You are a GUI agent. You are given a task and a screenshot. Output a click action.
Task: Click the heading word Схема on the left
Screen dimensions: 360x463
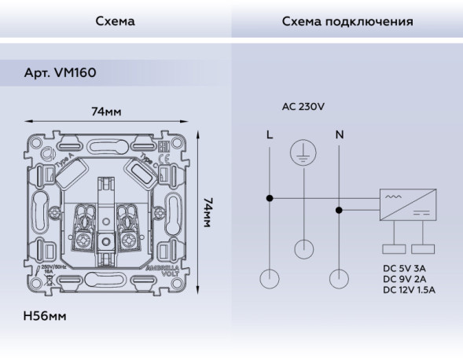point(115,20)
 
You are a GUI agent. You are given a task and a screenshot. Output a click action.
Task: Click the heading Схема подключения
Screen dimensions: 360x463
point(347,20)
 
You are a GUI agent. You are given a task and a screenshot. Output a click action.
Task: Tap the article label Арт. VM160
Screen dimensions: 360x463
point(61,72)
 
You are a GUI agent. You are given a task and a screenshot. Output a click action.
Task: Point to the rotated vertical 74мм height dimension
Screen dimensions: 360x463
point(209,212)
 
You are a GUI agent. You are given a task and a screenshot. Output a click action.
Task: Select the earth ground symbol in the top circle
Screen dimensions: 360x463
point(303,153)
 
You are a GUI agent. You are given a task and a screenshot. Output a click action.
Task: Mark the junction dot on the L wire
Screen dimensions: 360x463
point(270,198)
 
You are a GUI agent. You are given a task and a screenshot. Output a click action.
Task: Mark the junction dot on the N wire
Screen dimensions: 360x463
point(340,209)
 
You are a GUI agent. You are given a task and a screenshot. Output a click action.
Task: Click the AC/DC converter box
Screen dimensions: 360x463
point(408,204)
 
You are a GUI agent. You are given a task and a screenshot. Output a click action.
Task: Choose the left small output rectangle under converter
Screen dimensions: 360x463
point(394,249)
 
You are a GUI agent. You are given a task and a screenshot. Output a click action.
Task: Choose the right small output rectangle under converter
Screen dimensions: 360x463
point(423,249)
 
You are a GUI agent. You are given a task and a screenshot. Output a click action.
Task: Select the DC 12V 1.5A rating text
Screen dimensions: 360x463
point(408,289)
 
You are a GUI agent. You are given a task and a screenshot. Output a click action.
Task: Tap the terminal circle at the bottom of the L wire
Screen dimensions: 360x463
point(270,278)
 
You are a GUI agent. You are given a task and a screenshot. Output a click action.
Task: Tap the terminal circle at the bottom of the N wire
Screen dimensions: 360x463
point(340,278)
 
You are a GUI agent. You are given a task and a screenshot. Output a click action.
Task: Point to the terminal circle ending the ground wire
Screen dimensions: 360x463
point(303,250)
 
